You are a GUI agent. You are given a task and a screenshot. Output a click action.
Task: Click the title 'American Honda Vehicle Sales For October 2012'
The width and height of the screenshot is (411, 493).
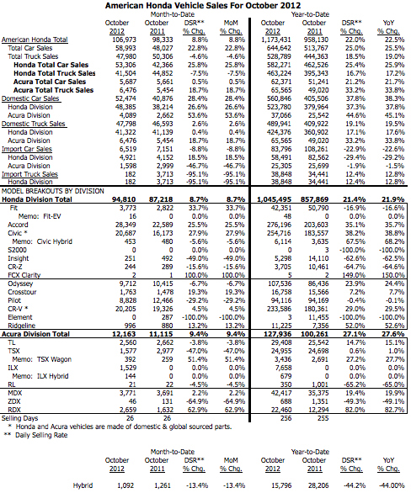205,5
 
